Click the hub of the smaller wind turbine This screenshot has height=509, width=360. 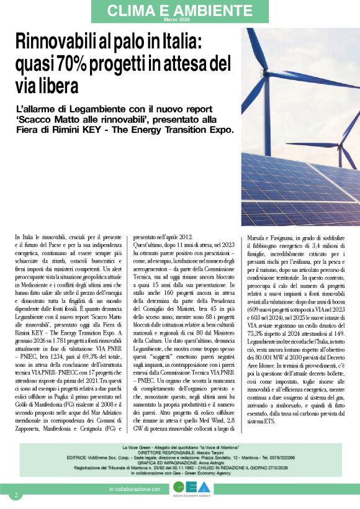339,146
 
